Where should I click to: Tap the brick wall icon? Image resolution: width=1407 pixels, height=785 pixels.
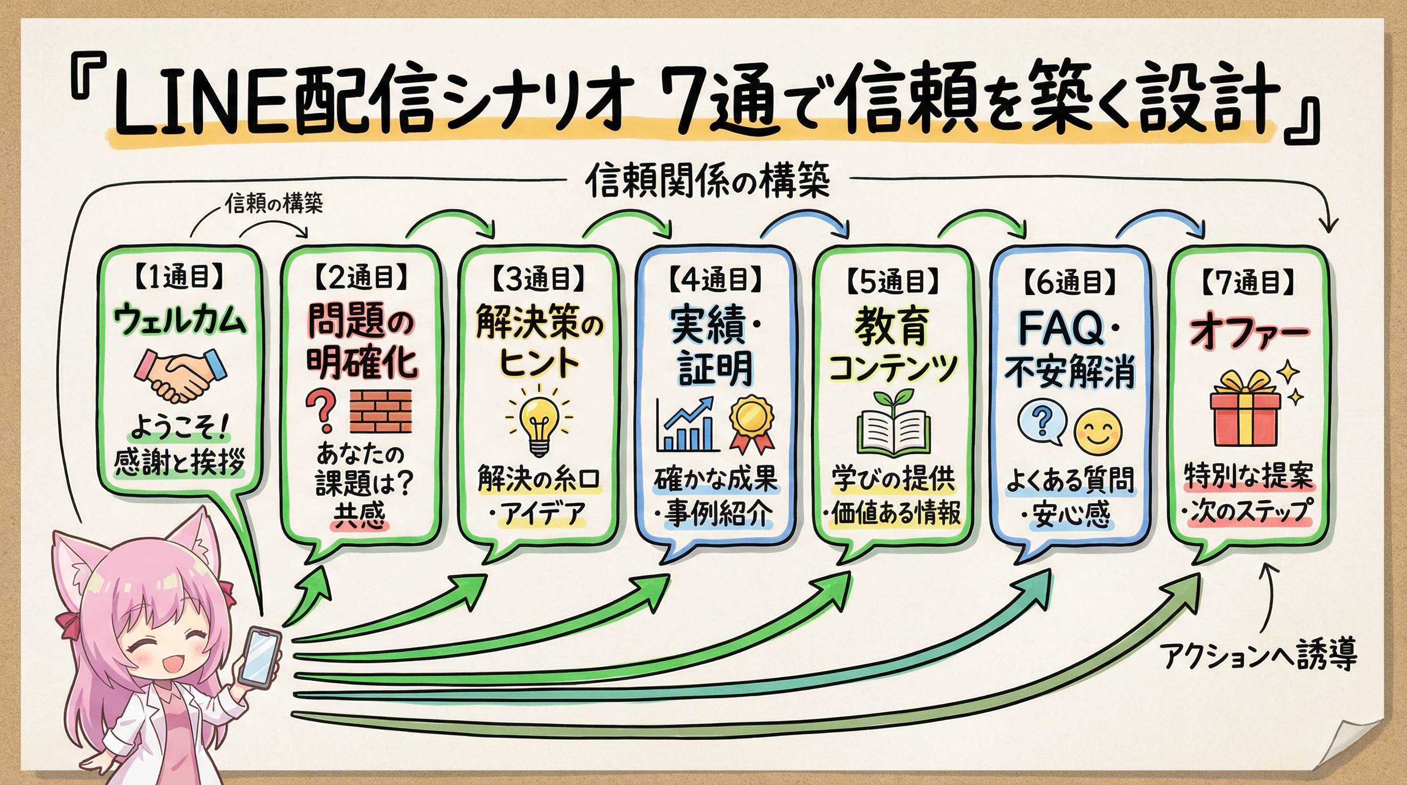tap(380, 411)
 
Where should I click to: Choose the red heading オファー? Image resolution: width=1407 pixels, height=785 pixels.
tap(1249, 332)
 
